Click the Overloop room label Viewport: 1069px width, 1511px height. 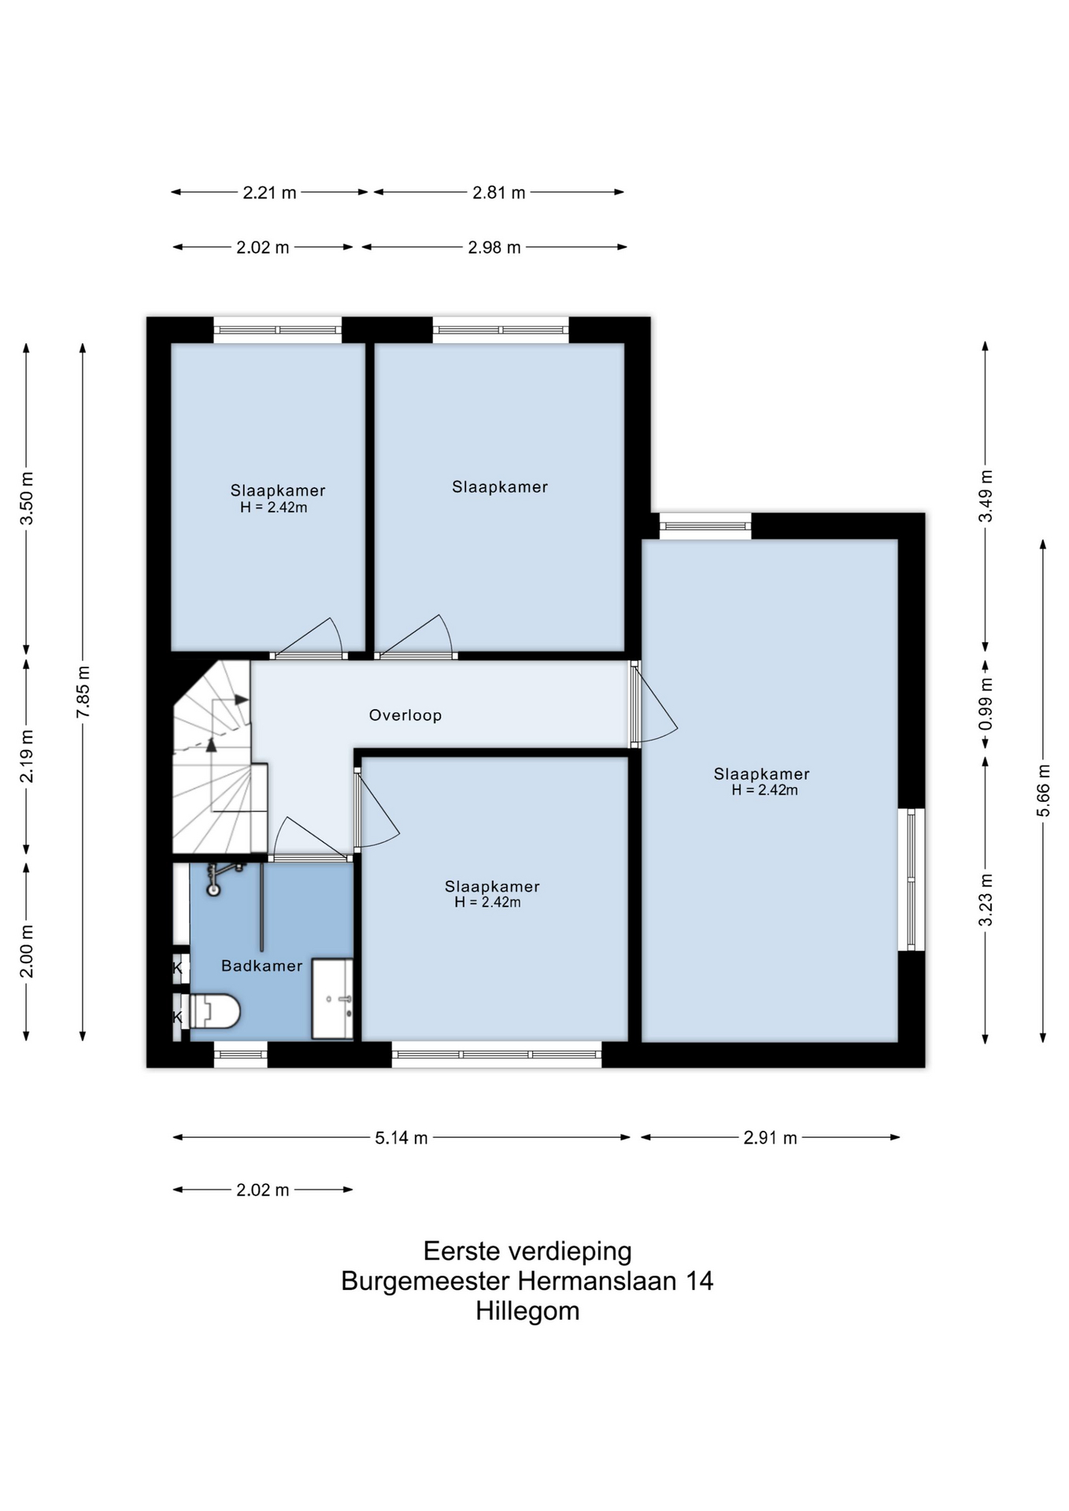coord(405,715)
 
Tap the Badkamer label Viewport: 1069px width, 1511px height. coord(261,966)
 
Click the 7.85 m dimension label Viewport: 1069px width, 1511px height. coord(83,691)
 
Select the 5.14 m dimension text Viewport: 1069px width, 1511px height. coord(401,1138)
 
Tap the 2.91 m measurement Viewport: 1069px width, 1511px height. coord(771,1138)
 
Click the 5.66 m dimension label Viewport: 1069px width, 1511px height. coord(1043,790)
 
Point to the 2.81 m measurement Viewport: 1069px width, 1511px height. coord(499,193)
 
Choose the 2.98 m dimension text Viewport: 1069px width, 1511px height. coord(494,248)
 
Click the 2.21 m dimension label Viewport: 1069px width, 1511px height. coord(269,193)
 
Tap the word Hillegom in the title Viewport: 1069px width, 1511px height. coord(527,1311)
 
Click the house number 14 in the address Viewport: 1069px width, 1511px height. coord(699,1281)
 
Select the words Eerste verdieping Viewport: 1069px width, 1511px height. coord(527,1251)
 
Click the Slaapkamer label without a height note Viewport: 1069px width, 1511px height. coord(500,487)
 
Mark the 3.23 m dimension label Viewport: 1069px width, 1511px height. coord(986,900)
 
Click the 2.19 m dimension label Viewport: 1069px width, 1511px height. coord(26,756)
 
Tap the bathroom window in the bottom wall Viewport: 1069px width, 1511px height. coord(241,1055)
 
